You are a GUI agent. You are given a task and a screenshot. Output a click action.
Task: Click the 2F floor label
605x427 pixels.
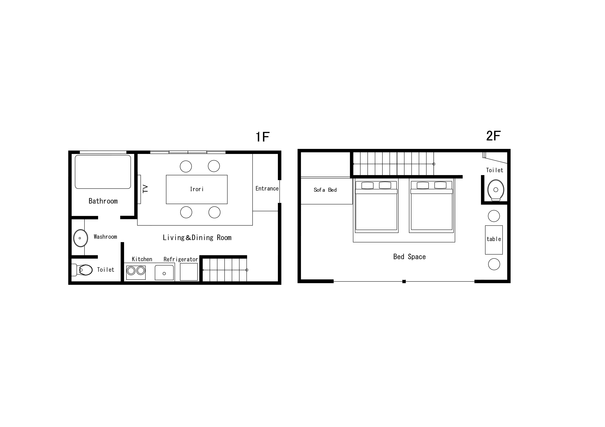[493, 136]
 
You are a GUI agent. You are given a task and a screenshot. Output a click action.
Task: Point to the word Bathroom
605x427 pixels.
[103, 201]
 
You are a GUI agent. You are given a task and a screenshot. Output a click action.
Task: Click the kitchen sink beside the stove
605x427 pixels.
[164, 273]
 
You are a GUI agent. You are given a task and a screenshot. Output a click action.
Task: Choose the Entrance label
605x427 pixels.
[267, 189]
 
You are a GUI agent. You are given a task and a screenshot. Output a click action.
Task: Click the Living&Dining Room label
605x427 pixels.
[197, 238]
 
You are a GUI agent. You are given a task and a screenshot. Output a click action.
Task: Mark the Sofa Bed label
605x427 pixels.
[325, 190]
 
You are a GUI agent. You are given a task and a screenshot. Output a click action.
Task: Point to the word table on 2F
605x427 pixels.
[494, 239]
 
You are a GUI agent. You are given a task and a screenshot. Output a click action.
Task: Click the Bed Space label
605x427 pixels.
[409, 257]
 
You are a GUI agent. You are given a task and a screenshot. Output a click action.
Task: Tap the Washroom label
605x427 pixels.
[105, 237]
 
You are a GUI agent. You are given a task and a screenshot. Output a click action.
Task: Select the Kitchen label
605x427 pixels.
[142, 259]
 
